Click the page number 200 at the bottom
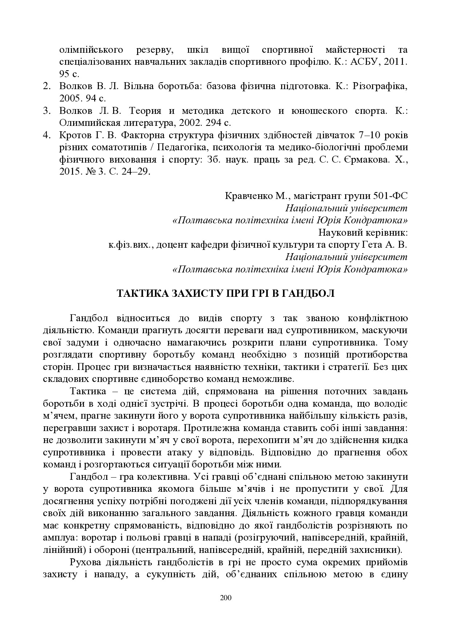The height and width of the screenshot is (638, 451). click(225, 598)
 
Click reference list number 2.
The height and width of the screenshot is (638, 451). click(46, 87)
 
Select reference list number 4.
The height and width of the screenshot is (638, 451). click(46, 135)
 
